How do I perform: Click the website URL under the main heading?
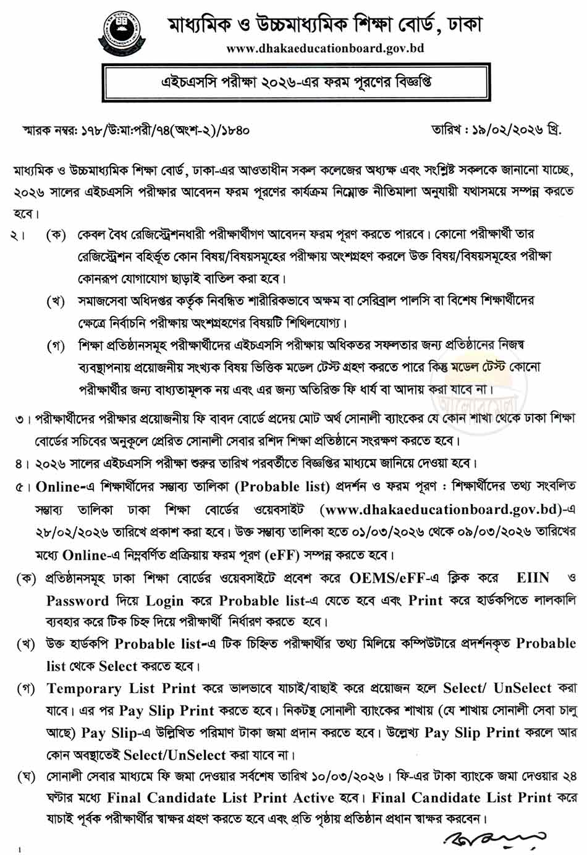pyautogui.click(x=325, y=48)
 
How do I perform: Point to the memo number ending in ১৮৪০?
pyautogui.click(x=135, y=130)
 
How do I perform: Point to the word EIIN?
pyautogui.click(x=533, y=578)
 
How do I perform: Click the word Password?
pyautogui.click(x=77, y=601)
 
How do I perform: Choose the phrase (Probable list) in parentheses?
pyautogui.click(x=282, y=487)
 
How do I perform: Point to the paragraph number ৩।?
pyautogui.click(x=23, y=419)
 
